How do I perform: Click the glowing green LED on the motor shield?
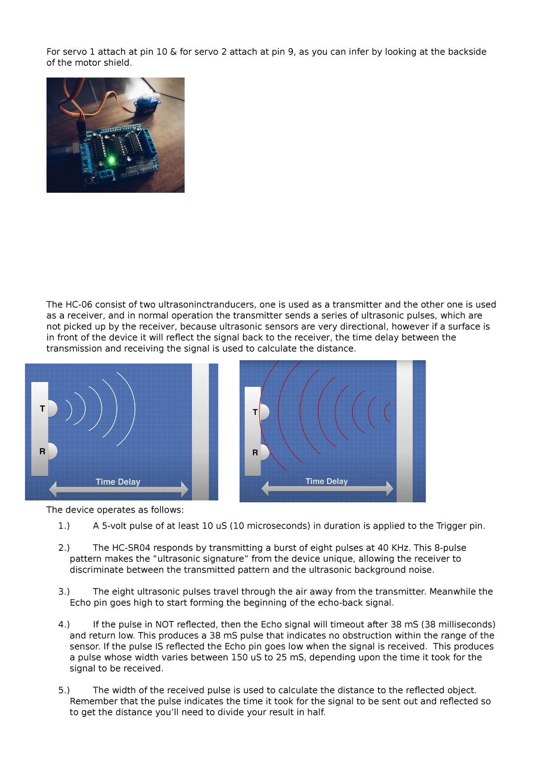pyautogui.click(x=111, y=160)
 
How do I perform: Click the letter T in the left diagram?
pyautogui.click(x=43, y=409)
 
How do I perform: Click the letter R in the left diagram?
pyautogui.click(x=43, y=451)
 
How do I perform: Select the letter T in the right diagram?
pyautogui.click(x=255, y=412)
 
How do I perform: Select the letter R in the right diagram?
pyautogui.click(x=255, y=452)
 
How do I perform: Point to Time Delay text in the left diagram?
pyautogui.click(x=118, y=482)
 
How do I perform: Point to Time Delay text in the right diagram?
pyautogui.click(x=326, y=481)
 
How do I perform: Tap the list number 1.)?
pyautogui.click(x=64, y=526)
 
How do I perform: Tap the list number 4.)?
pyautogui.click(x=64, y=624)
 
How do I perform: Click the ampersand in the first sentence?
pyautogui.click(x=173, y=52)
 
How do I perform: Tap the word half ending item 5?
pyautogui.click(x=316, y=712)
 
